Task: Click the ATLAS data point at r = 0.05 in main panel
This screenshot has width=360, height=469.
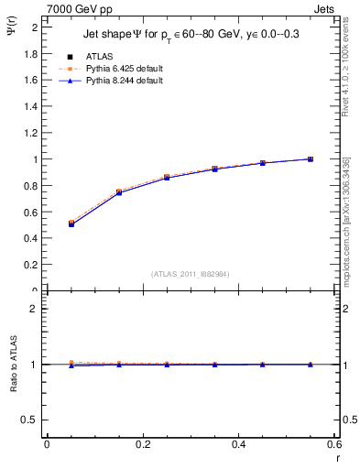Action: (x=71, y=223)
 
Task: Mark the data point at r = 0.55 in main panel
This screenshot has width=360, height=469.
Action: (x=311, y=159)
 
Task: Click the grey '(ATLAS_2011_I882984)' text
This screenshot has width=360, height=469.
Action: (x=190, y=274)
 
